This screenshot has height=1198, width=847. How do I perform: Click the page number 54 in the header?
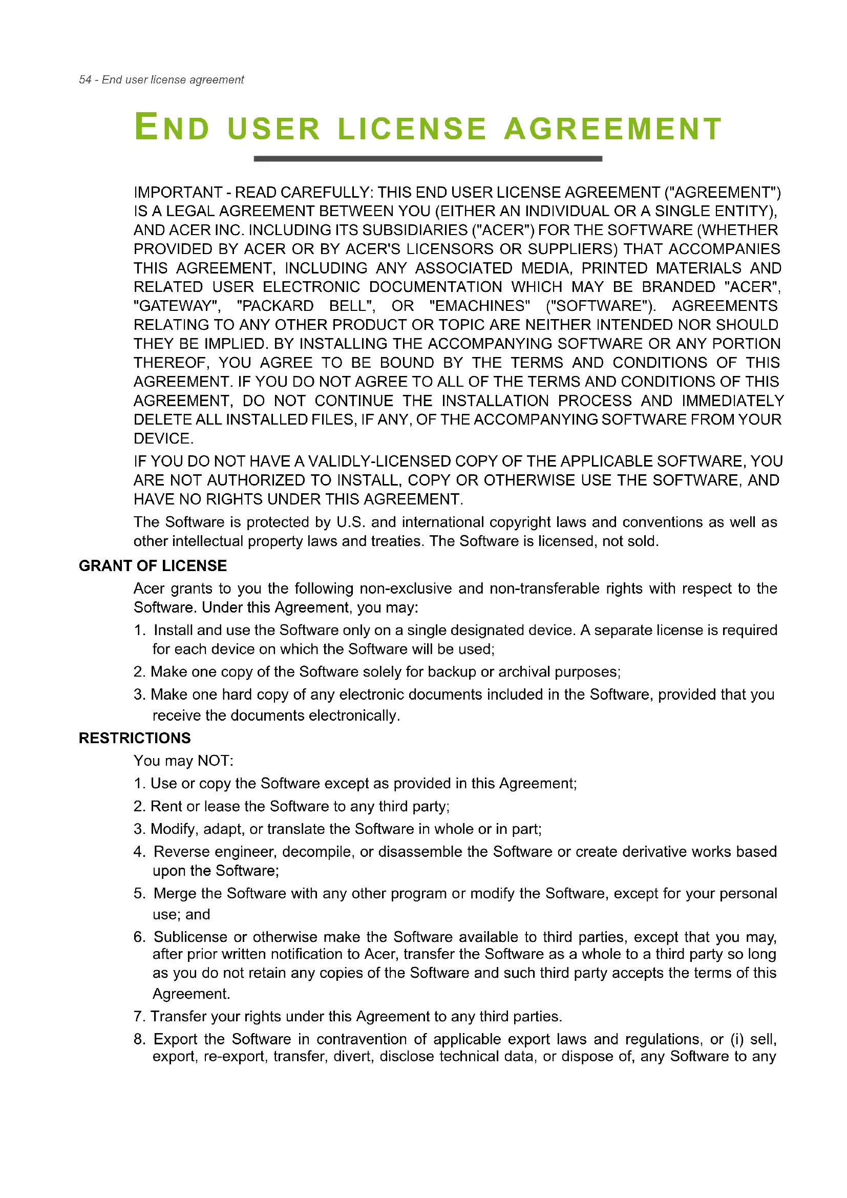[x=85, y=80]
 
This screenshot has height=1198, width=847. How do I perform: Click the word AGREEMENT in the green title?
[x=613, y=129]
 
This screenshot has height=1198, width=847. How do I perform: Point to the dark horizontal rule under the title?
[x=428, y=159]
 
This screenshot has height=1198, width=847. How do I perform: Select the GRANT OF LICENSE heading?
[x=153, y=566]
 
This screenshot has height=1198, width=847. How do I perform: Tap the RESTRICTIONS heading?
[x=135, y=739]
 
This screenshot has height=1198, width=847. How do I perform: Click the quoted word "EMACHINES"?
[x=480, y=306]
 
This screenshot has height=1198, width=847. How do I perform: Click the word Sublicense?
[x=190, y=938]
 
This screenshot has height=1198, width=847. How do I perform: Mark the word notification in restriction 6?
[x=300, y=954]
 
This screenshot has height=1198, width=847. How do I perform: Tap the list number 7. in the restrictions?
[x=139, y=1017]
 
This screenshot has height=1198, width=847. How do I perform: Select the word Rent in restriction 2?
[x=166, y=807]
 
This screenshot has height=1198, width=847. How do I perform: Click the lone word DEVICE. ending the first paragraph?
[x=163, y=439]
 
